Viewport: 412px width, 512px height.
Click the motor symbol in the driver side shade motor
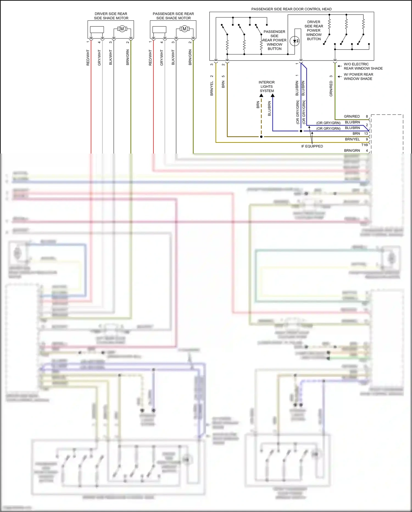tap(122, 29)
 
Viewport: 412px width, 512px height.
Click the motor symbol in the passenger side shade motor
tap(184, 29)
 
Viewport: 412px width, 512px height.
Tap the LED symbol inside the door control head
tap(295, 41)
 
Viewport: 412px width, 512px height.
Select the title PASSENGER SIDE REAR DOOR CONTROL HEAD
tap(291, 9)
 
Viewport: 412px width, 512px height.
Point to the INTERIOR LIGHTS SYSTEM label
tap(267, 86)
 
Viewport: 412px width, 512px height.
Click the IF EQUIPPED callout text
tap(312, 146)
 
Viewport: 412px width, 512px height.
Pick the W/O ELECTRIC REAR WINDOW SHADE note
tap(363, 66)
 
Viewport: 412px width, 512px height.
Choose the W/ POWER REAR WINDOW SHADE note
tap(358, 76)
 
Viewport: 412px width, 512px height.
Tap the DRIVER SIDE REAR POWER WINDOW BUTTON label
tap(314, 30)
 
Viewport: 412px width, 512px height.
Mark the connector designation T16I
tap(364, 145)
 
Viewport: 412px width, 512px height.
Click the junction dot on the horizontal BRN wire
tap(261, 137)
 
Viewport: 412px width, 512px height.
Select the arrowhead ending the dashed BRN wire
tap(261, 95)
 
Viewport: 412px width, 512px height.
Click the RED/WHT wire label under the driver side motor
tap(88, 58)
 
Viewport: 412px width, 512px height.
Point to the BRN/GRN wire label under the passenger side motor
tap(190, 58)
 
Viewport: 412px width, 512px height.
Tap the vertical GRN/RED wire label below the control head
tap(331, 89)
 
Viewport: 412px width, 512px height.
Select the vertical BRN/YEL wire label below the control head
tap(211, 89)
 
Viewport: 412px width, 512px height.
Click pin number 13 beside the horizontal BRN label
tap(366, 133)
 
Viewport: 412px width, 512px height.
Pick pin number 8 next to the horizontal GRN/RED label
tap(367, 116)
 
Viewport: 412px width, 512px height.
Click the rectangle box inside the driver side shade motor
tap(97, 29)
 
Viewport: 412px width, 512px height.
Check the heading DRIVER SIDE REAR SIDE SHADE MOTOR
tap(111, 16)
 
